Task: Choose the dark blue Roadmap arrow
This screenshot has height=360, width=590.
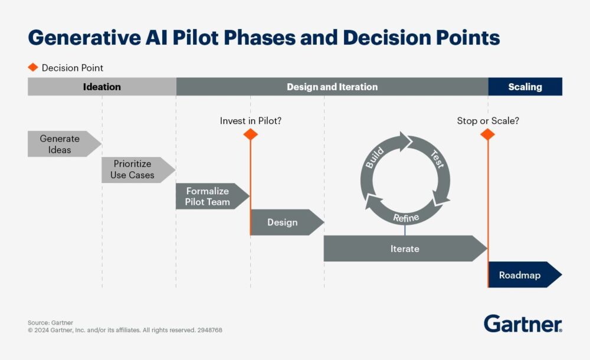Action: tap(521, 275)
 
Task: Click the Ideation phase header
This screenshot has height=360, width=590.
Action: tap(101, 87)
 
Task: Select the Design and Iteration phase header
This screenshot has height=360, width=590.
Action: tap(332, 87)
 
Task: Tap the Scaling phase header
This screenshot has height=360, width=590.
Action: tap(525, 87)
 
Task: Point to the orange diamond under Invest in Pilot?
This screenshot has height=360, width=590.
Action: tap(251, 135)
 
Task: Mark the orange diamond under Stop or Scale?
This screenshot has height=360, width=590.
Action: tap(487, 135)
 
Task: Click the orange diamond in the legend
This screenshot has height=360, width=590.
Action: tap(33, 67)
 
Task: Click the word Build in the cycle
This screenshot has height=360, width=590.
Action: tap(375, 159)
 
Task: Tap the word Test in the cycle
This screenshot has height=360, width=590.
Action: tap(437, 159)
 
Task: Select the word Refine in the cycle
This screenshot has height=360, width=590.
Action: tap(406, 217)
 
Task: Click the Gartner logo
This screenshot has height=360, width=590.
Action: tap(523, 323)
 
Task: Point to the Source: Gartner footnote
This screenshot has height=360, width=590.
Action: tap(50, 323)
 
